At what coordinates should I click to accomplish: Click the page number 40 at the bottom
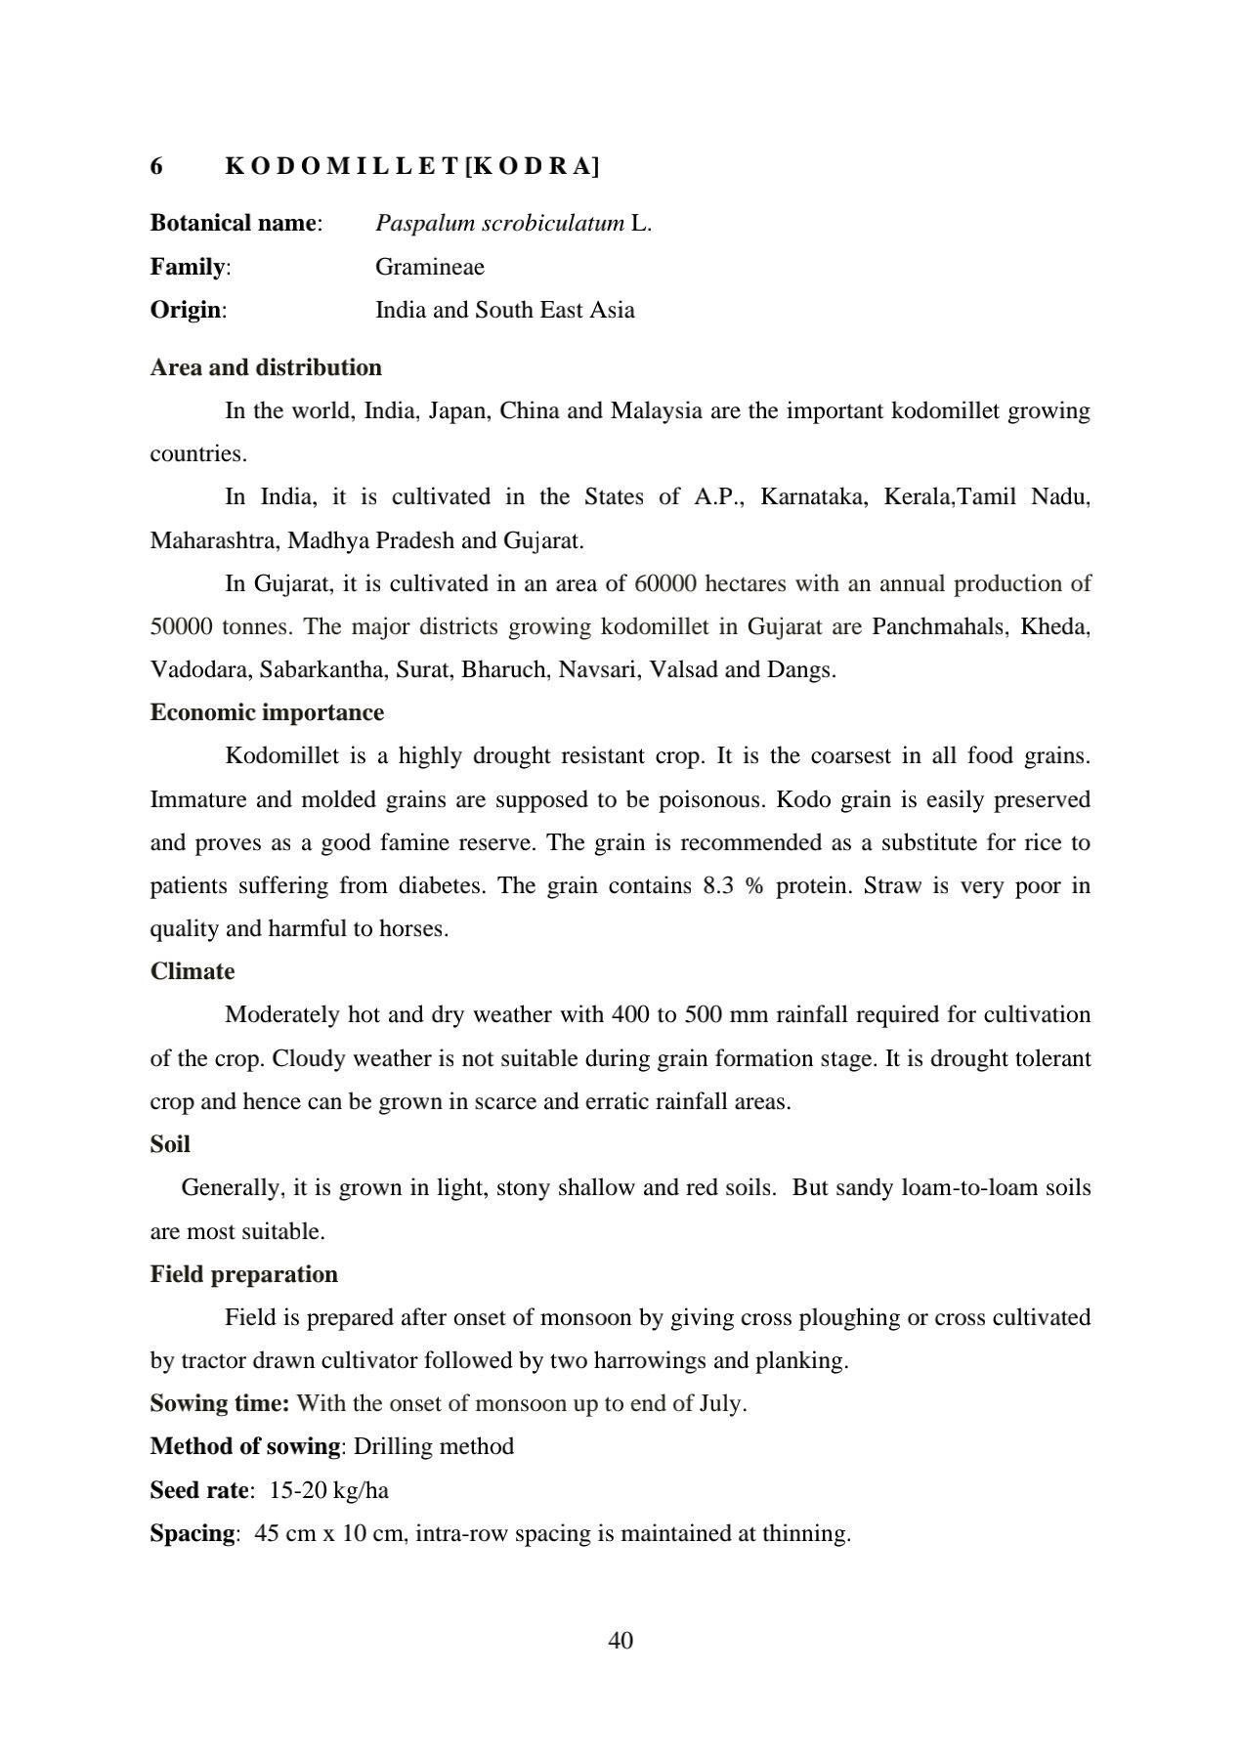621,1641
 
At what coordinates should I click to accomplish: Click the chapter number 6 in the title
156,166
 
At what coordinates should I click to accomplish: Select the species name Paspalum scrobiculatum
499,224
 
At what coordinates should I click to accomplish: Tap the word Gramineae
430,267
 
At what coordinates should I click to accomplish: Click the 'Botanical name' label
235,224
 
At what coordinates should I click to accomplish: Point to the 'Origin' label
186,311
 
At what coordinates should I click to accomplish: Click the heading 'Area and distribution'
266,368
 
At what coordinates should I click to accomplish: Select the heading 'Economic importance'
267,713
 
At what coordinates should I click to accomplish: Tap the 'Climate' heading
193,972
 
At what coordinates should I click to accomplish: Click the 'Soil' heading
170,1145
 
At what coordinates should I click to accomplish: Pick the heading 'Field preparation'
244,1275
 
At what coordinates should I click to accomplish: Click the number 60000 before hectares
665,584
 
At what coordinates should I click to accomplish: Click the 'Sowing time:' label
219,1404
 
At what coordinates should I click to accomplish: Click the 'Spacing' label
193,1534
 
